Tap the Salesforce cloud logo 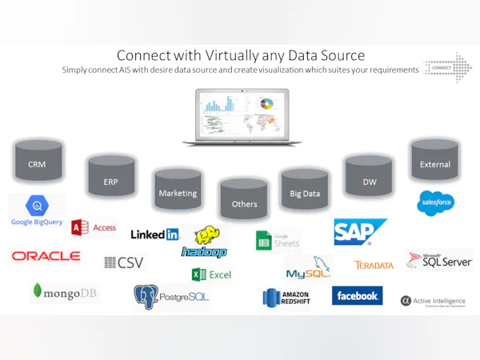pos(435,203)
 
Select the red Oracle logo pos(46,256)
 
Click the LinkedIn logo pos(155,234)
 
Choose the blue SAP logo pos(359,232)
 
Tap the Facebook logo pos(357,296)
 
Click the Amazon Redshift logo pos(286,298)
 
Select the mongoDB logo pos(64,293)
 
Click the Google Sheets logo pos(277,239)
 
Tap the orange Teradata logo pos(374,265)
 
